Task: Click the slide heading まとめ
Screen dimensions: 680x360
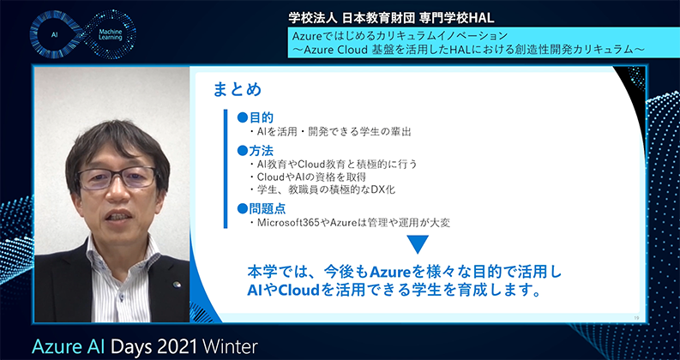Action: [x=238, y=89]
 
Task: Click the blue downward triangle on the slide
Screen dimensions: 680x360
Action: [x=418, y=244]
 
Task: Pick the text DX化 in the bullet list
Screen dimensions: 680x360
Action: [x=384, y=189]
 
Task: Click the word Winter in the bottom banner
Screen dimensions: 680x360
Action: [x=231, y=347]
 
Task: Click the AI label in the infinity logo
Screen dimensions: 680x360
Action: [x=55, y=34]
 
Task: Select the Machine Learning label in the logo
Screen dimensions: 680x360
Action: [x=111, y=34]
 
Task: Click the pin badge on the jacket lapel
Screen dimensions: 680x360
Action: [x=177, y=285]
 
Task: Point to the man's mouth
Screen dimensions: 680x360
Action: [x=119, y=216]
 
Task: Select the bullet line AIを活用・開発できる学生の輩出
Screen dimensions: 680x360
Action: [x=330, y=132]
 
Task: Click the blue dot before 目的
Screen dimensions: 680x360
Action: [x=242, y=117]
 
